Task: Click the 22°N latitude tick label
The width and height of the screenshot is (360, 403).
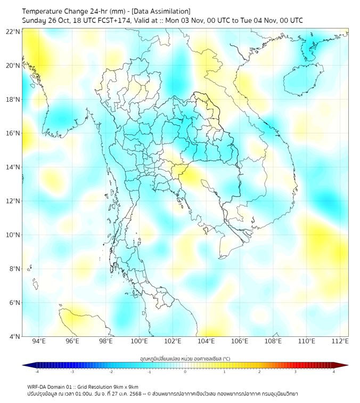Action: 13,32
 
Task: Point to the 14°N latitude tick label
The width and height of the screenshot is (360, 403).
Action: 13,167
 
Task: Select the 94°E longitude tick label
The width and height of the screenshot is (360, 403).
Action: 39,342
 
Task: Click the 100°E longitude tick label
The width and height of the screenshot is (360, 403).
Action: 139,342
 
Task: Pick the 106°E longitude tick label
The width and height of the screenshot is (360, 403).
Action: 240,342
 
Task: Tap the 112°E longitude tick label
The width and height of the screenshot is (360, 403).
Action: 340,342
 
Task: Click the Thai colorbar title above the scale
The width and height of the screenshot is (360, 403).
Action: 185,358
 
